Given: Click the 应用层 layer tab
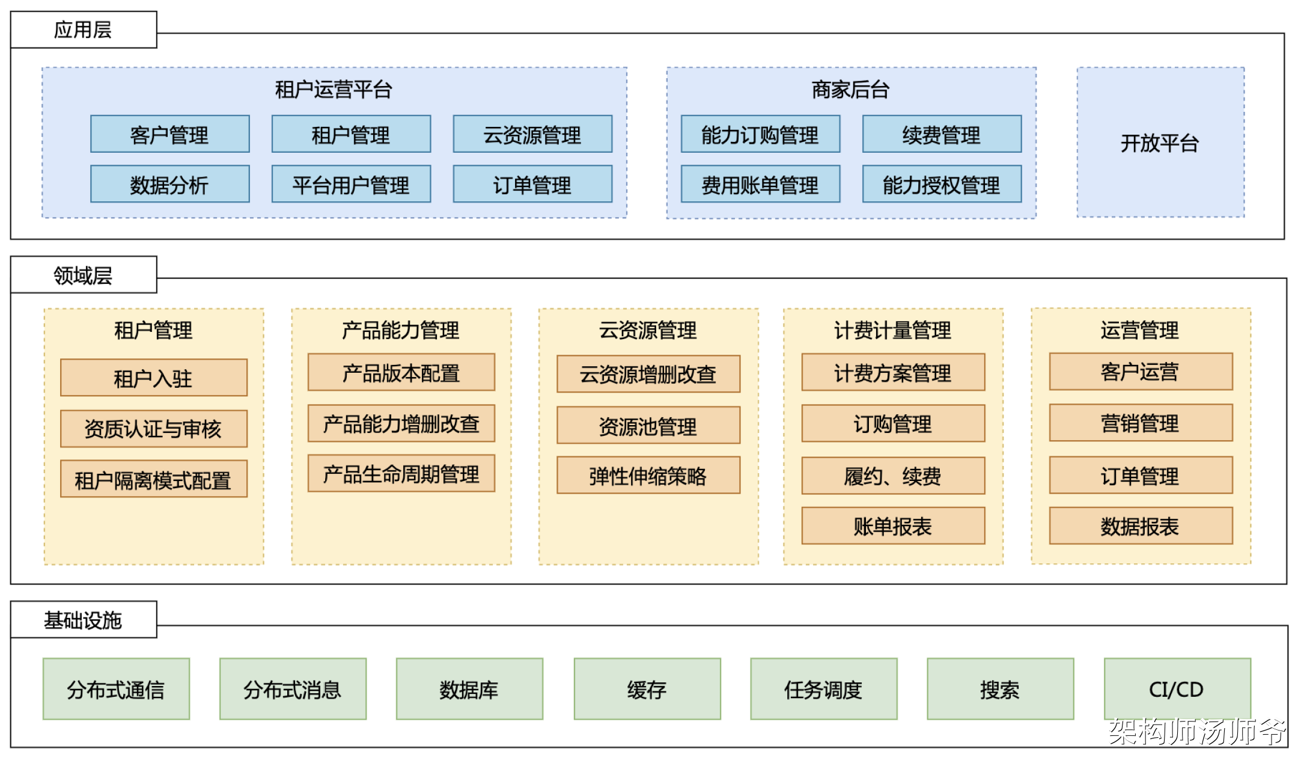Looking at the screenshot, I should (83, 29).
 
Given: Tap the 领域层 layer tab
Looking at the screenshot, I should (83, 275).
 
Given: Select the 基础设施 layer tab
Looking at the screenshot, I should (83, 620).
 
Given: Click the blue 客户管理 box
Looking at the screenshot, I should (169, 134).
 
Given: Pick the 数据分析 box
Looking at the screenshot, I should (169, 185).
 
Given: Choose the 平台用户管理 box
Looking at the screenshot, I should (351, 185).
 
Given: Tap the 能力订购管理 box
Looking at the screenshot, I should (760, 134).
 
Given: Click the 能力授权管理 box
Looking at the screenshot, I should (942, 185).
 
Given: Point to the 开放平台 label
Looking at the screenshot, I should (1160, 143).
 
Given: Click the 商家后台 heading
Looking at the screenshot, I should (850, 90).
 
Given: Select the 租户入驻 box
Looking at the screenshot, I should (153, 378).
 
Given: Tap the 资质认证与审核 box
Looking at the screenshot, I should (153, 429).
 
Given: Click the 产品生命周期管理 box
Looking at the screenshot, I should (401, 474).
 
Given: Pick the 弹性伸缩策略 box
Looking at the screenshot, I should (648, 476).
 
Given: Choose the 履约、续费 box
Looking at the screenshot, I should (893, 476).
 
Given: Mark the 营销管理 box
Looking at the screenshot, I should (1141, 423).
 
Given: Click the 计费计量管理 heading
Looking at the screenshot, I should (893, 330).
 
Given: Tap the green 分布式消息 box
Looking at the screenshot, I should (293, 689).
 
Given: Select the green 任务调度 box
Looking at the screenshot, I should (823, 689).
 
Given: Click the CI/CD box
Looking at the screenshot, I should (1177, 689).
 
